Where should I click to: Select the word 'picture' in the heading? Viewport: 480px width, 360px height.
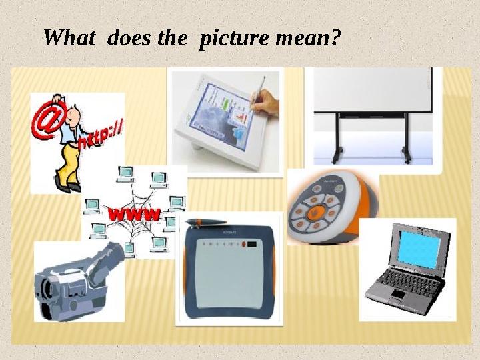coord(230,38)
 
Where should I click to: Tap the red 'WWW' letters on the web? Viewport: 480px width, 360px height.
coord(134,215)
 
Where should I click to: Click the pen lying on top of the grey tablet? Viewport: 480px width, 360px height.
coord(207,222)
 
